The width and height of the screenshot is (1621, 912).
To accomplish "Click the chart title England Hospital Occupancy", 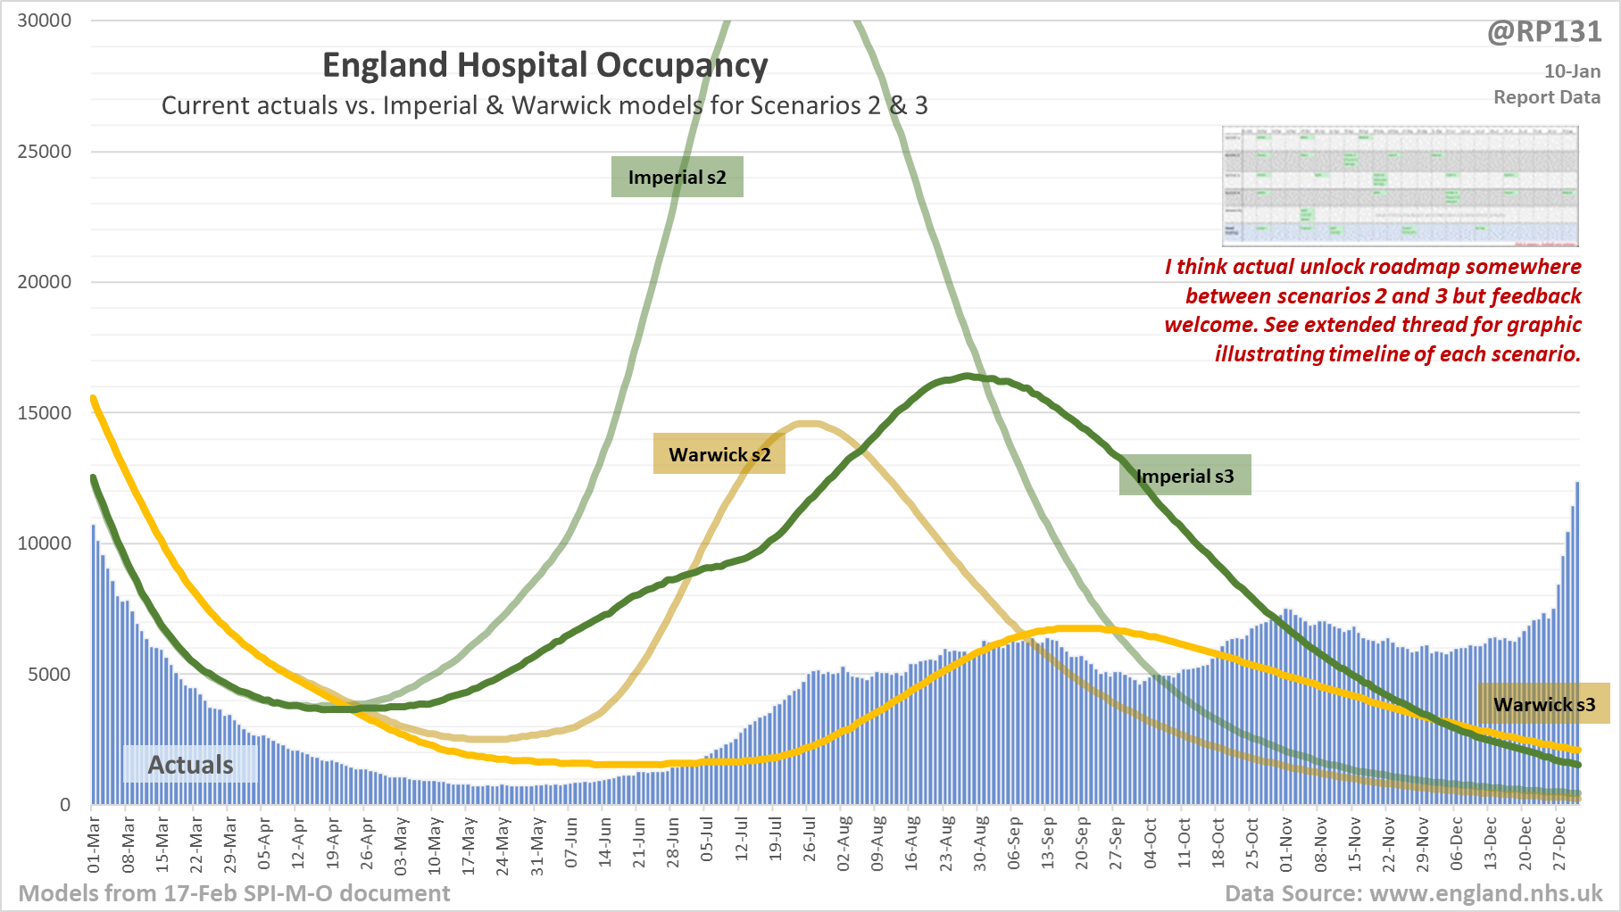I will [x=544, y=66].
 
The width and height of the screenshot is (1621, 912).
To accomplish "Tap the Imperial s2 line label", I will [x=677, y=177].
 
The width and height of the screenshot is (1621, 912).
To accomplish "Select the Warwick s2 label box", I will [x=719, y=454].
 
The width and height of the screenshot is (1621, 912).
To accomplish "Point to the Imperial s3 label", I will [x=1185, y=476].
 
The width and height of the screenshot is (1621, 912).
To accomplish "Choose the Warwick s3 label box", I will [x=1543, y=703].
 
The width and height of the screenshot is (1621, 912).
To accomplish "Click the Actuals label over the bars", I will [x=190, y=765].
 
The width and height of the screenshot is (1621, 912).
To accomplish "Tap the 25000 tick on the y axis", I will [x=45, y=151].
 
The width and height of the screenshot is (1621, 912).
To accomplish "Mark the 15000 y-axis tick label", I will [x=45, y=412].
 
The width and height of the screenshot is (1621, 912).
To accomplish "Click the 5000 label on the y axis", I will [x=50, y=674].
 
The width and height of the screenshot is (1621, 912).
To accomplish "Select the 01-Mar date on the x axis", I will [x=94, y=844].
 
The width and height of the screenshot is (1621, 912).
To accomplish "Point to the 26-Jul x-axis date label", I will [x=810, y=844].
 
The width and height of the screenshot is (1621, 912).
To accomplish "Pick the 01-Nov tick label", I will [x=1286, y=844].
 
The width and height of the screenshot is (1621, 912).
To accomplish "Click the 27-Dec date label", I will [x=1559, y=844].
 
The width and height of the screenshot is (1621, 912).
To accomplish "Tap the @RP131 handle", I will [x=1544, y=32].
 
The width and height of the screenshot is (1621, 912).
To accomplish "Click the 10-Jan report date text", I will [x=1572, y=71].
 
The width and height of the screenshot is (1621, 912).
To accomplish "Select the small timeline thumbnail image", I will [x=1400, y=186].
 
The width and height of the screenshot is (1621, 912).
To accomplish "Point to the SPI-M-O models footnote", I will [x=234, y=893].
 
